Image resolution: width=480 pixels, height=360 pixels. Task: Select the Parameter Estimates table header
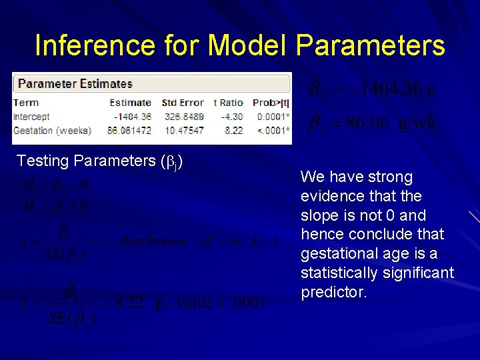75,84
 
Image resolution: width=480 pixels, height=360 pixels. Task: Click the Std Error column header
183,103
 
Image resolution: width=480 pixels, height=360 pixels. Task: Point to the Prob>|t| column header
271,103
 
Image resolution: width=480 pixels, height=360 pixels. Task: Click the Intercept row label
31,117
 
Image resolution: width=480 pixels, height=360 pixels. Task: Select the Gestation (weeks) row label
52,131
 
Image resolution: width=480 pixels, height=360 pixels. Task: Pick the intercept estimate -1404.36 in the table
132,117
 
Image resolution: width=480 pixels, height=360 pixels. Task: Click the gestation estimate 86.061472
129,131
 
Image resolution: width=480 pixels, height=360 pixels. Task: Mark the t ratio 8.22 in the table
235,131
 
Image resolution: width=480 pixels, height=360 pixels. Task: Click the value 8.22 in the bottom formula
129,303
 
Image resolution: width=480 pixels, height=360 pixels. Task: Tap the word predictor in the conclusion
333,292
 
